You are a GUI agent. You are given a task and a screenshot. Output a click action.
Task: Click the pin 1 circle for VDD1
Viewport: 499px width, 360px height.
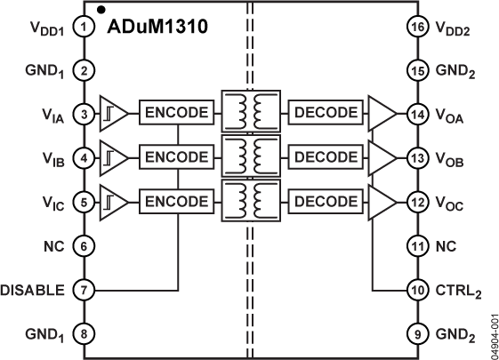83,28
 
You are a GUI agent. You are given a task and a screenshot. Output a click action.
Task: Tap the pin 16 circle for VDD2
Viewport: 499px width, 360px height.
415,28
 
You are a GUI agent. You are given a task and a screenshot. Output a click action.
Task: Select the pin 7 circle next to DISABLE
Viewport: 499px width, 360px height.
83,290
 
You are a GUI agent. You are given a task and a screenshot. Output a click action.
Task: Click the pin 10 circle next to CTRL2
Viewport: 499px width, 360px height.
415,290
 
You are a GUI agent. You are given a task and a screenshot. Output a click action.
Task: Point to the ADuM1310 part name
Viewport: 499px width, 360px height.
157,27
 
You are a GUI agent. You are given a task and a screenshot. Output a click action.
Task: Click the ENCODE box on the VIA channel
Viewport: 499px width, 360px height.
177,114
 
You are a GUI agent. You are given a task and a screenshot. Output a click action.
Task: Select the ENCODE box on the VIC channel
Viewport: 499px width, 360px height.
177,201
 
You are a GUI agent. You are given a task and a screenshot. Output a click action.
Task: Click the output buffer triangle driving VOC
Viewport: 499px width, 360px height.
383,201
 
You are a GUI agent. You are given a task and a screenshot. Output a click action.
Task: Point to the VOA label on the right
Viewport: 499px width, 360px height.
451,115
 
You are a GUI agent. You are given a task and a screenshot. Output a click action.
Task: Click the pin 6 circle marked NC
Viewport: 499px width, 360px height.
83,245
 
